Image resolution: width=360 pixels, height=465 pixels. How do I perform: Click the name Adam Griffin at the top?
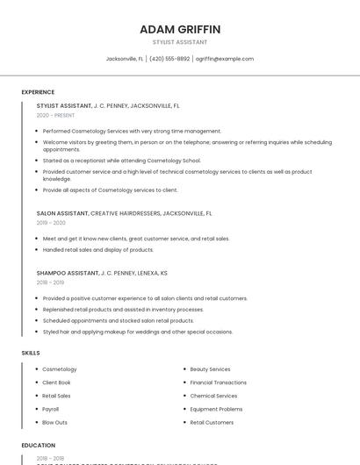[180, 29]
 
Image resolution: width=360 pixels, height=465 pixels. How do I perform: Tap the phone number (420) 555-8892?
[169, 59]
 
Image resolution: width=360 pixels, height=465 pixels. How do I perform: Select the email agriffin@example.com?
[225, 59]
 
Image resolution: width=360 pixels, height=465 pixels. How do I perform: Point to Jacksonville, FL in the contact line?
[125, 59]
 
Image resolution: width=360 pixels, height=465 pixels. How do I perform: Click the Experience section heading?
[38, 92]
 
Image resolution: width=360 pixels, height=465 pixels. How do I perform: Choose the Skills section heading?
[30, 353]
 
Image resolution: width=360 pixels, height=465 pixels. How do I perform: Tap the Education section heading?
[38, 445]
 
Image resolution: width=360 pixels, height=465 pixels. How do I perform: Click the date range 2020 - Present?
[55, 115]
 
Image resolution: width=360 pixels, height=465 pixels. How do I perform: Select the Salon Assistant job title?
[62, 213]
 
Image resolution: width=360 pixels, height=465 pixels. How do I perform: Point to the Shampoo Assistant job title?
[68, 273]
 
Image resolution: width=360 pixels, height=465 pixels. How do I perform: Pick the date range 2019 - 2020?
[51, 223]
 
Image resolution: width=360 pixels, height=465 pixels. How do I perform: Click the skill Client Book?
[56, 383]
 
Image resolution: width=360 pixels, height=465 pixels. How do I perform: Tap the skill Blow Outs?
[54, 422]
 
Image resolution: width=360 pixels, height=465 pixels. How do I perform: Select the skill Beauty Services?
[210, 369]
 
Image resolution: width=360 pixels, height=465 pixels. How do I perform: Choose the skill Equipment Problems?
[216, 409]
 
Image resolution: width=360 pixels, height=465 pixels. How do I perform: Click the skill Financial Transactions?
[219, 383]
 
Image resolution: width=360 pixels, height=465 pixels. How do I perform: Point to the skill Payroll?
[51, 409]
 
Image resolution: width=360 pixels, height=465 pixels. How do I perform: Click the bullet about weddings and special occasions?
[137, 332]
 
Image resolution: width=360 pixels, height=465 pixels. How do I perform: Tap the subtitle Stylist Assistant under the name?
[180, 42]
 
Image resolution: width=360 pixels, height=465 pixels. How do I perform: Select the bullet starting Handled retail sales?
[97, 249]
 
